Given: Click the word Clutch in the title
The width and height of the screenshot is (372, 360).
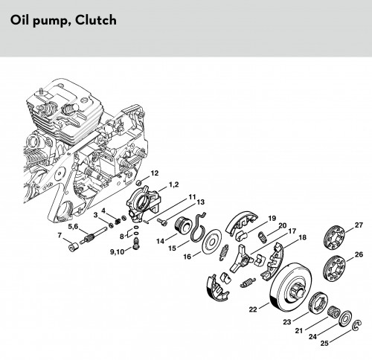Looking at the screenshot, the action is [x=96, y=20].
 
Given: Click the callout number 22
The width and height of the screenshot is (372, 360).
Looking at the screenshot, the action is [x=253, y=309].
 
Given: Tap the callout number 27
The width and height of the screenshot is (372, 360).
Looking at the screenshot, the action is [x=359, y=225].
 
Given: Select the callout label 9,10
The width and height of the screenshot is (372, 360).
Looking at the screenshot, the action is [x=117, y=252].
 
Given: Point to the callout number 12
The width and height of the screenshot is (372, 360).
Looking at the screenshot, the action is [x=154, y=173].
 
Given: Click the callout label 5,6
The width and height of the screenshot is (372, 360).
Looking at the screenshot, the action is [x=73, y=226].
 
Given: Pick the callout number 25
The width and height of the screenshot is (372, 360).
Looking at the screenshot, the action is [x=324, y=343].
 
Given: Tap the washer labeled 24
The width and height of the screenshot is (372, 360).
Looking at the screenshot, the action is [x=345, y=318].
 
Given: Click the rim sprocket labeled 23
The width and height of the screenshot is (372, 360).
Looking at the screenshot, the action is [x=318, y=303].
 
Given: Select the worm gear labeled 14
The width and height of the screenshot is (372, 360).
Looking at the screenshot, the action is [x=185, y=225].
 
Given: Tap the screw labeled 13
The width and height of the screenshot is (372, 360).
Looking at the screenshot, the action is [x=162, y=222].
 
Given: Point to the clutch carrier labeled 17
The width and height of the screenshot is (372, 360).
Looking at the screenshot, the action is [x=240, y=258].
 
